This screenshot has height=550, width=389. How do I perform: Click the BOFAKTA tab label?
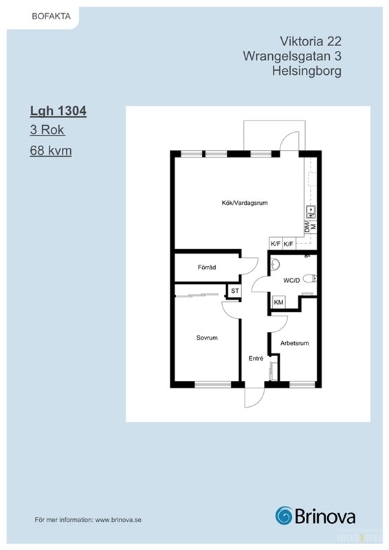pyautogui.click(x=52, y=16)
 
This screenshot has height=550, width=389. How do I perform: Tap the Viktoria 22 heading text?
pyautogui.click(x=311, y=41)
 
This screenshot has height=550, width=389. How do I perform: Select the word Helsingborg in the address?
pyautogui.click(x=307, y=71)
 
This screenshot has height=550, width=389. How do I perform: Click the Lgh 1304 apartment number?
pyautogui.click(x=58, y=111)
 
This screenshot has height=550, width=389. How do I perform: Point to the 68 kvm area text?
pyautogui.click(x=51, y=151)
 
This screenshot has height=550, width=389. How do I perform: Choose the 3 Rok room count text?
pyautogui.click(x=47, y=130)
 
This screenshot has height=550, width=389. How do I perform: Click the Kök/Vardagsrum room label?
pyautogui.click(x=245, y=203)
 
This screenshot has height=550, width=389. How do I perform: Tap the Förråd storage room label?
pyautogui.click(x=207, y=267)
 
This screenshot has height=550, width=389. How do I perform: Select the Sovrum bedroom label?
pyautogui.click(x=207, y=338)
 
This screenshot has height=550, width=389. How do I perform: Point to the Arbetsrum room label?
pyautogui.click(x=294, y=343)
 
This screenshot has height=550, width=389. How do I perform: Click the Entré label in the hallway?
pyautogui.click(x=256, y=358)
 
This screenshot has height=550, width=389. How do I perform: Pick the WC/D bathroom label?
pyautogui.click(x=291, y=280)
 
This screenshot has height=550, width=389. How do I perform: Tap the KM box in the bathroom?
pyautogui.click(x=278, y=302)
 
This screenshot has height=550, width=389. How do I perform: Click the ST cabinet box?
pyautogui.click(x=234, y=291)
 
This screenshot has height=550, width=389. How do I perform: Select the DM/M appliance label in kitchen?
pyautogui.click(x=311, y=227)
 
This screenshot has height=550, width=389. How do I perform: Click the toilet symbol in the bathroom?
pyautogui.click(x=310, y=279)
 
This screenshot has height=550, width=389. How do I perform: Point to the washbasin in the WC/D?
pyautogui.click(x=275, y=265)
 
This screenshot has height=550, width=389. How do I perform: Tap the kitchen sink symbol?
pyautogui.click(x=311, y=210)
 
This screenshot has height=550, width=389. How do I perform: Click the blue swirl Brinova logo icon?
pyautogui.click(x=284, y=516)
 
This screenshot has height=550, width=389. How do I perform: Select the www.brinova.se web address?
pyautogui.click(x=118, y=520)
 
